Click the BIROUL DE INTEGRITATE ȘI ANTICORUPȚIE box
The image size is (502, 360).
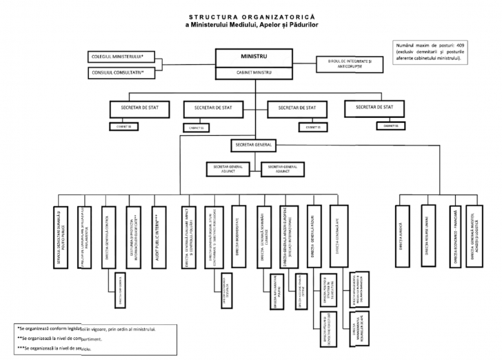pos(350,63)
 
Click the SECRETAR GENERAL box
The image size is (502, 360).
pos(253,146)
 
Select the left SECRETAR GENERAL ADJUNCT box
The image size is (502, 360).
pos(230,169)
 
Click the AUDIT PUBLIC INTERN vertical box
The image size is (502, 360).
pos(157,235)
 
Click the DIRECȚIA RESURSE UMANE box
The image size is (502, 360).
pos(429,235)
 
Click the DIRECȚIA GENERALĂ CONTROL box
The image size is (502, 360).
pos(109,235)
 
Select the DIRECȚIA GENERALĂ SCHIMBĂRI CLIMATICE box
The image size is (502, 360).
pos(264,235)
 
